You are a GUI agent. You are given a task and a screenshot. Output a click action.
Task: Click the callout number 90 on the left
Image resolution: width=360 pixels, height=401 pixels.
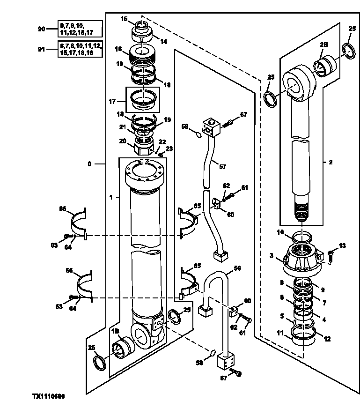(41, 29)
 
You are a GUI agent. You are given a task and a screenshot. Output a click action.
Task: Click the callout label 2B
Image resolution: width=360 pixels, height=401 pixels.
(324, 44)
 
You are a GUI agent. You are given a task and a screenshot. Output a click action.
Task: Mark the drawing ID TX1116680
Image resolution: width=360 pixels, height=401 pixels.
(49, 396)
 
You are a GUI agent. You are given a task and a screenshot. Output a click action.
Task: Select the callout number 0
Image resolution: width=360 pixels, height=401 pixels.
(89, 164)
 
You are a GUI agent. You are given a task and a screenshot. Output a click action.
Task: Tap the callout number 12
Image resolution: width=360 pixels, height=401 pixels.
(327, 339)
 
